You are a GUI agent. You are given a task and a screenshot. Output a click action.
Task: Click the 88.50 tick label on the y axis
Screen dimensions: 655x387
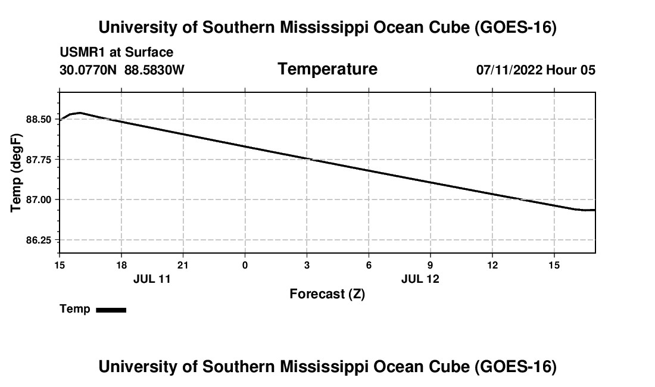click(x=39, y=120)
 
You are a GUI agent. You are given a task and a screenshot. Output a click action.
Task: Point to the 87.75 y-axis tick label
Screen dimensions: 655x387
click(x=39, y=160)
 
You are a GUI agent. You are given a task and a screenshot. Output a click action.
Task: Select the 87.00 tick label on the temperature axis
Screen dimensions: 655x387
click(x=39, y=199)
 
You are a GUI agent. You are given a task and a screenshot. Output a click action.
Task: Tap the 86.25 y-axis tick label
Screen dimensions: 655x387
click(x=39, y=240)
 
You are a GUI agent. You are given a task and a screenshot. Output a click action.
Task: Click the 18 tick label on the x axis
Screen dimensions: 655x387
click(x=121, y=265)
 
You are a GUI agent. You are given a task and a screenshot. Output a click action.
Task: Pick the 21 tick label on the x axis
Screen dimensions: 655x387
click(x=183, y=265)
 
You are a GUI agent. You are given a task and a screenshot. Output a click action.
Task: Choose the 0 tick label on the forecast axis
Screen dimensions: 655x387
click(x=245, y=265)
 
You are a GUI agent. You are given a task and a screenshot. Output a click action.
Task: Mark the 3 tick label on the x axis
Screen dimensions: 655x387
click(x=307, y=265)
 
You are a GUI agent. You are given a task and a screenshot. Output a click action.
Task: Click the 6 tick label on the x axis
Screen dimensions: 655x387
click(x=369, y=265)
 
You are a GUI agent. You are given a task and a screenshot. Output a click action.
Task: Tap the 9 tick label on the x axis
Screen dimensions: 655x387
click(x=431, y=265)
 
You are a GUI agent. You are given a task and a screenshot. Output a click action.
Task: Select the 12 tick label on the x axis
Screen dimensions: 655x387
click(x=492, y=265)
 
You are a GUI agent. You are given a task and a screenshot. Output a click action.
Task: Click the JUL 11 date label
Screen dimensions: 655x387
click(x=152, y=279)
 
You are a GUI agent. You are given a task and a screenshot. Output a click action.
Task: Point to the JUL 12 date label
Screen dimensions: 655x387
click(x=420, y=279)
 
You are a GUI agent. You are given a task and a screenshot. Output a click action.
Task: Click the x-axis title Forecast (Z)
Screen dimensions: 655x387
click(x=327, y=294)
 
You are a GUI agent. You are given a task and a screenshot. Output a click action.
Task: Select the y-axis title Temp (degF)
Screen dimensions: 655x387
click(x=16, y=173)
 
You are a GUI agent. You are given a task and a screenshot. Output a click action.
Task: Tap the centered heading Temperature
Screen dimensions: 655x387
click(x=327, y=69)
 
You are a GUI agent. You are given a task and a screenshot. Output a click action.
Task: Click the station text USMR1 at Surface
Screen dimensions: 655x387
click(x=117, y=52)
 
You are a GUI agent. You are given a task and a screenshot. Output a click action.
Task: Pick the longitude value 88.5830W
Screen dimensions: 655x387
click(x=154, y=70)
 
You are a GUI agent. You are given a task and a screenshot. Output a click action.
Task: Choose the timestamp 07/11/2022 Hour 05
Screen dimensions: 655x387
click(x=536, y=70)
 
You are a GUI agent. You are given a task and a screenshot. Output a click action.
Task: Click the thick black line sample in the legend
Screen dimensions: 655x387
click(x=111, y=310)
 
